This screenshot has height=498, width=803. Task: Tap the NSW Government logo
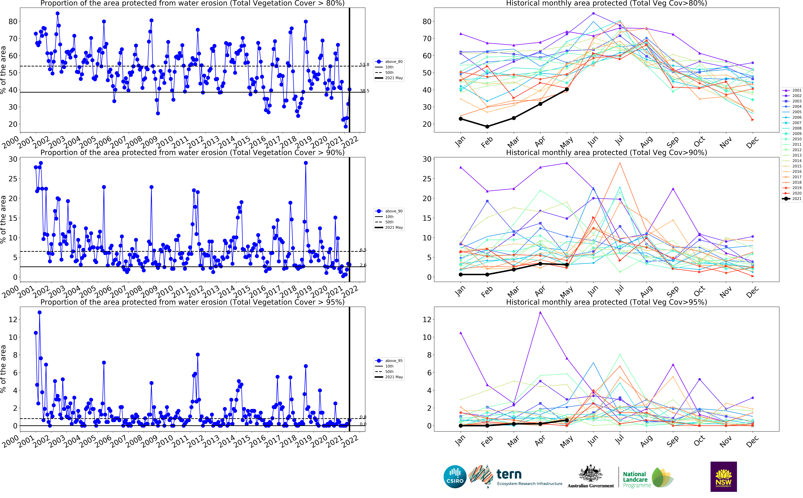click(723, 477)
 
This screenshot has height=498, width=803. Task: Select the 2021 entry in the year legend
click(792, 199)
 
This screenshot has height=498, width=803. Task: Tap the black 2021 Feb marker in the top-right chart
click(487, 126)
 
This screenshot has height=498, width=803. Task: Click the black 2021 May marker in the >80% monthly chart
click(567, 89)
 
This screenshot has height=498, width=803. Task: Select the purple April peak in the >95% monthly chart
click(540, 312)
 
